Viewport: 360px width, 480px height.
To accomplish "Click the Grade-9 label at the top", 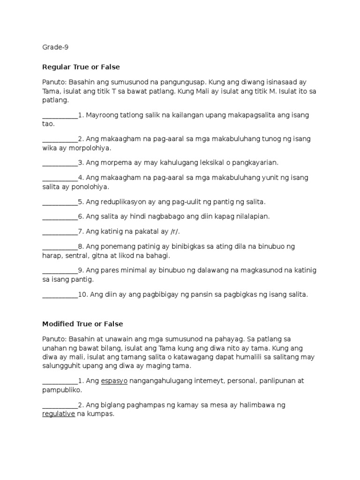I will pos(56,47).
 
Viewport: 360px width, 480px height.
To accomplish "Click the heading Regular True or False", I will pos(81,67).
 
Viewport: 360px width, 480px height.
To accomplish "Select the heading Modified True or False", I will pos(82,324).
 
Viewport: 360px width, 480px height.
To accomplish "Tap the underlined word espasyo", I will pos(114,381).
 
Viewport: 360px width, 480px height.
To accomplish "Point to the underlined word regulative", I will pos(59,414).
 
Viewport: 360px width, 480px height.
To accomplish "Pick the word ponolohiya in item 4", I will pos(92,187).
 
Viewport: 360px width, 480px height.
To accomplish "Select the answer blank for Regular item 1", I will pos(60,115).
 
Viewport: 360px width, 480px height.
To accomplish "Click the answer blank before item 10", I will pos(60,294).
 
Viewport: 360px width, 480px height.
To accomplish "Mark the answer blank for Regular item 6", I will pos(60,217).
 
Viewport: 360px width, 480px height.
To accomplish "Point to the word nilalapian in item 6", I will pos(253,217).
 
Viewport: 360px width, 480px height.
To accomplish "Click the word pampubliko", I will pos(61,390).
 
